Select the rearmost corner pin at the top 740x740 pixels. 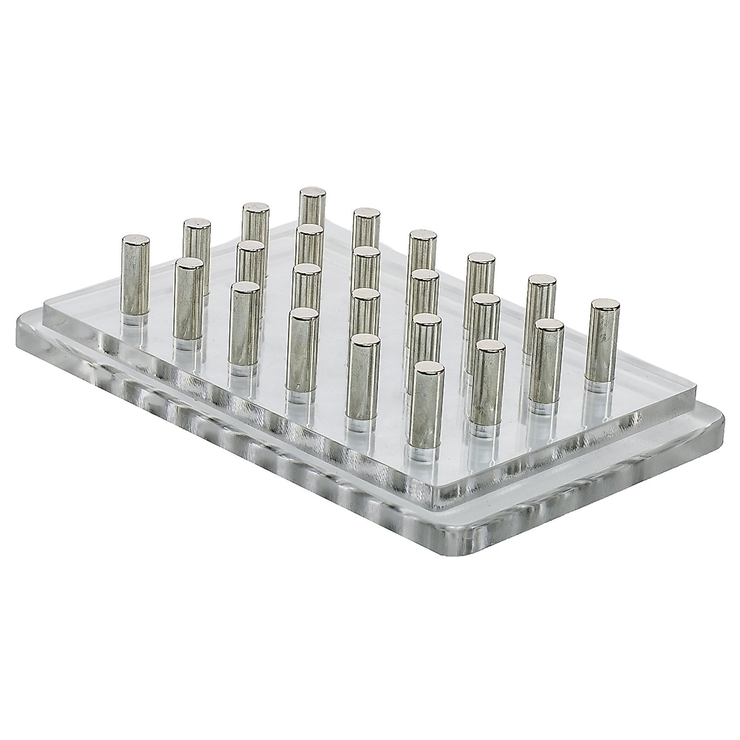(x=312, y=210)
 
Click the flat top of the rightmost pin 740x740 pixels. (x=605, y=304)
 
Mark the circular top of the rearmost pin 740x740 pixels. (x=312, y=192)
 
